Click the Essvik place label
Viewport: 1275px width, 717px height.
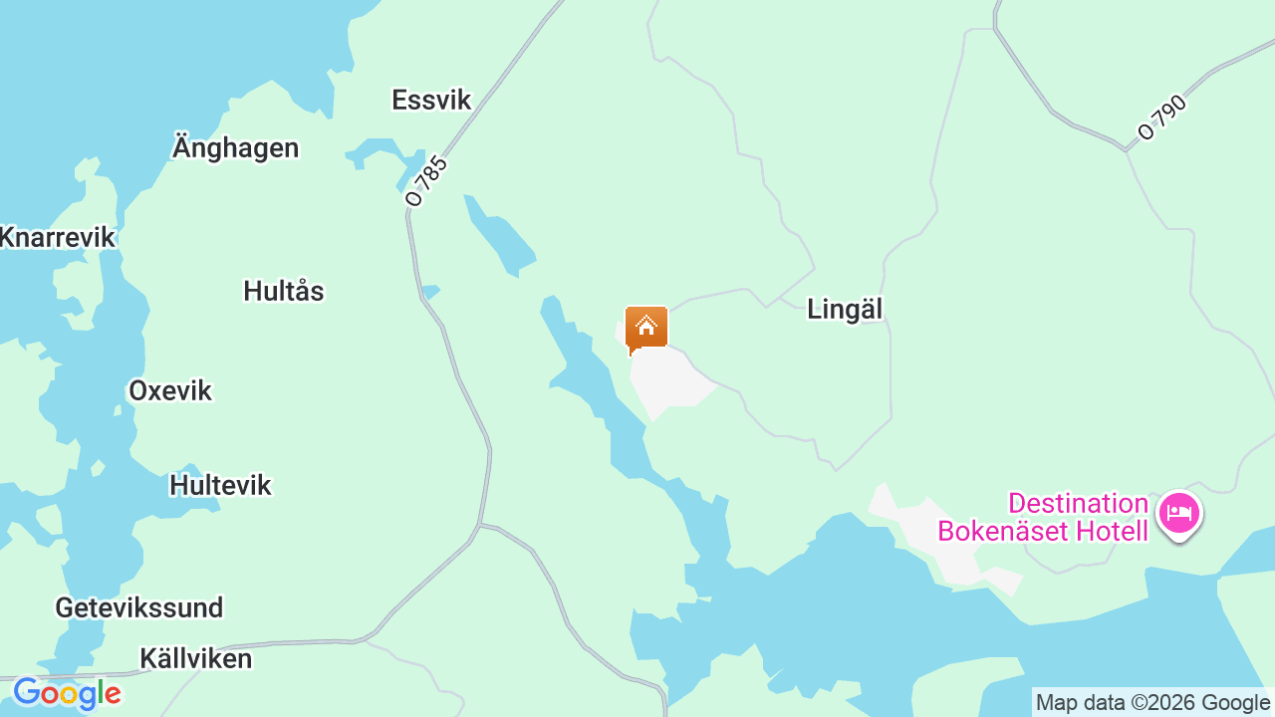click(430, 100)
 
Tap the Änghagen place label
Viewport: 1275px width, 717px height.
click(235, 147)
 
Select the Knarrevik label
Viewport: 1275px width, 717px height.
click(58, 237)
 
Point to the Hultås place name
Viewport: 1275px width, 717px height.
click(284, 291)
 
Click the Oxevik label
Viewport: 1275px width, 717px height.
click(170, 390)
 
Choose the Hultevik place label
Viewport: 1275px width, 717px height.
click(220, 485)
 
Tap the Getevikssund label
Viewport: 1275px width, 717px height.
click(139, 607)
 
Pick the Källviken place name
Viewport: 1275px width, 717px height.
click(196, 658)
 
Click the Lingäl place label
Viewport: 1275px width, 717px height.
click(845, 309)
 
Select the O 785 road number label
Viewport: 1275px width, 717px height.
click(427, 180)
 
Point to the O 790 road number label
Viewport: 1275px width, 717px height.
click(1162, 118)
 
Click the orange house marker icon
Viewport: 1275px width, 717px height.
click(646, 328)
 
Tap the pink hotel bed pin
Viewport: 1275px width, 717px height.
click(1179, 514)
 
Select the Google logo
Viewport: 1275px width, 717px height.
click(67, 693)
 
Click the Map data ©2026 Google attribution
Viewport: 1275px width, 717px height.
click(1152, 703)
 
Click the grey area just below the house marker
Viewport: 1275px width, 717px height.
click(667, 383)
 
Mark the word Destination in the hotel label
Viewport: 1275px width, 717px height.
click(1078, 503)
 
